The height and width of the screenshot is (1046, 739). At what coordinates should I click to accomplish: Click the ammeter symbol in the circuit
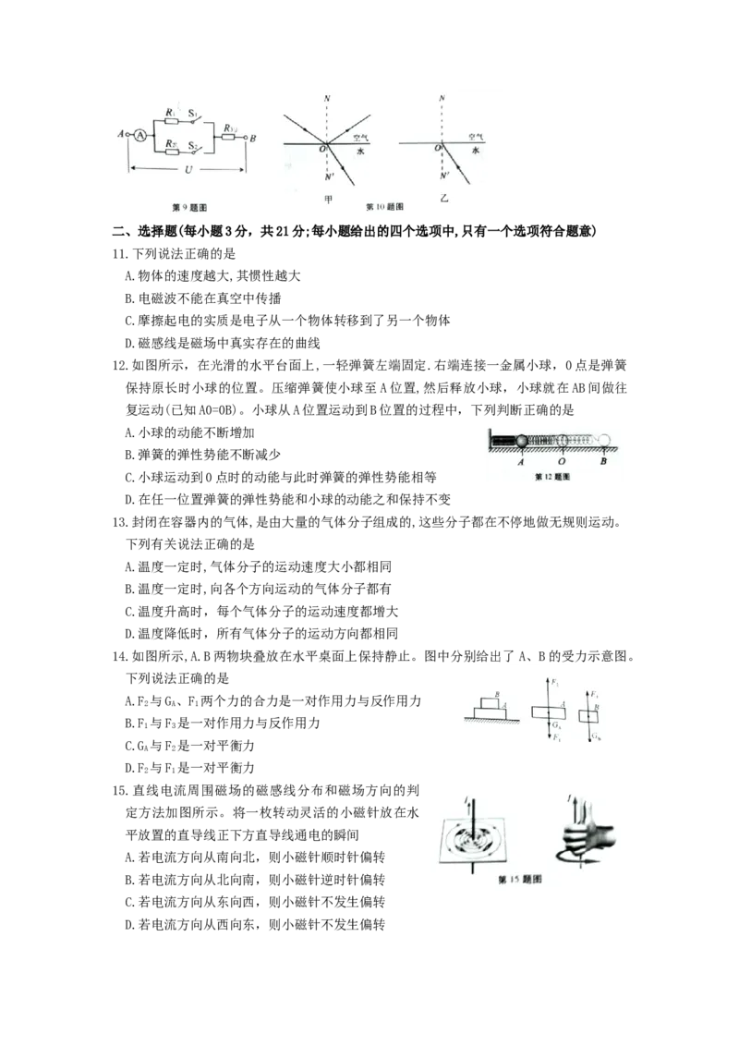pos(139,135)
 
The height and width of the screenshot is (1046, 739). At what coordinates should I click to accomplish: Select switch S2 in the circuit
pos(195,148)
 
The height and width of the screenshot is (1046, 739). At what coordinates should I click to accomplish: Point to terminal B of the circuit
pos(252,136)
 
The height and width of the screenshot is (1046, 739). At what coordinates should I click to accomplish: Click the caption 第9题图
pos(189,209)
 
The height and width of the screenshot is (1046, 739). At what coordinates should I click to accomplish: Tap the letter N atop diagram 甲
pos(327,97)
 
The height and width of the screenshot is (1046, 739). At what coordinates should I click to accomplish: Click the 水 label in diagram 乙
pos(476,149)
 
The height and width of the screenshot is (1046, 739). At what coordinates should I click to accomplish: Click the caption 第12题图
pos(554,478)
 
